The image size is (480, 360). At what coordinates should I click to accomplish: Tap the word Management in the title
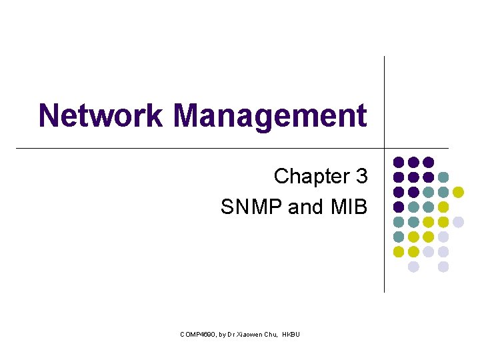pyautogui.click(x=269, y=115)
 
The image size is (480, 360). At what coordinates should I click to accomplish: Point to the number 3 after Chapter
pyautogui.click(x=361, y=177)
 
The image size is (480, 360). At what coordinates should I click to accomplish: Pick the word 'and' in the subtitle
pyautogui.click(x=306, y=207)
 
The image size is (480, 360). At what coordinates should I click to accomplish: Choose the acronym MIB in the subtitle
pyautogui.click(x=349, y=207)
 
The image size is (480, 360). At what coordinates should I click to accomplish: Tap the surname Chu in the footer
pyautogui.click(x=271, y=333)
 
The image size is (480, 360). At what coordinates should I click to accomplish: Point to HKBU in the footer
pyautogui.click(x=291, y=333)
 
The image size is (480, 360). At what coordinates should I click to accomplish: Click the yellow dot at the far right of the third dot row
pyautogui.click(x=458, y=192)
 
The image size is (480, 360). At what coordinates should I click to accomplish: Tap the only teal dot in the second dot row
pyautogui.click(x=443, y=177)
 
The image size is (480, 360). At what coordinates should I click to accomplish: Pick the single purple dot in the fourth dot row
pyautogui.click(x=399, y=207)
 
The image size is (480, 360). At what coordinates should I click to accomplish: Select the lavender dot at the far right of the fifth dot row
pyautogui.click(x=458, y=222)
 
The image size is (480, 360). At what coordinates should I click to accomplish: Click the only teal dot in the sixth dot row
pyautogui.click(x=399, y=237)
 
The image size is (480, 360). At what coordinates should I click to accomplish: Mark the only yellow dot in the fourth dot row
pyautogui.click(x=443, y=207)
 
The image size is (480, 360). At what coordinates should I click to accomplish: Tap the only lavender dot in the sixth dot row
pyautogui.click(x=443, y=237)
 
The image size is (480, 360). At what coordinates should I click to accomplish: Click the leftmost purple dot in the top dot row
pyautogui.click(x=399, y=162)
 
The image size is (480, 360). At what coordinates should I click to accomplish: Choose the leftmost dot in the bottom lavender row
pyautogui.click(x=413, y=267)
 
